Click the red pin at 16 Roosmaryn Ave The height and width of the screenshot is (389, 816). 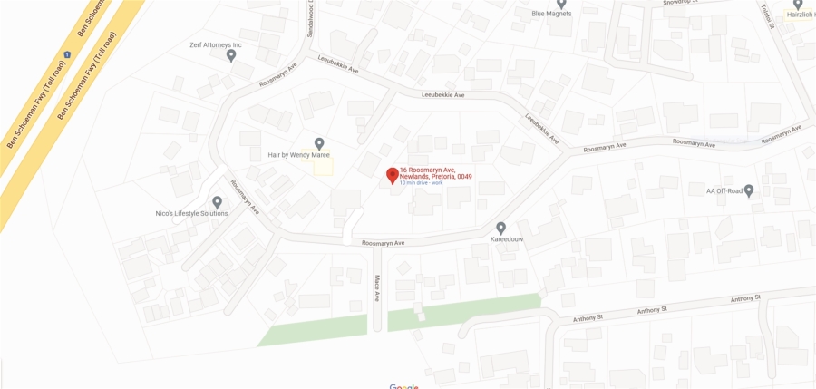(x=392, y=175)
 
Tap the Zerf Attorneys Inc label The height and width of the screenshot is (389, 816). (x=216, y=44)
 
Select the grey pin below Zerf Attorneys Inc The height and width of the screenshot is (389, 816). (x=231, y=56)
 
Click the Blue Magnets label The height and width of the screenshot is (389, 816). (x=551, y=14)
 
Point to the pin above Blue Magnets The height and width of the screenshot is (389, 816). (x=561, y=4)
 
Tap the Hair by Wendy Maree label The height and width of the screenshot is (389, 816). (x=298, y=155)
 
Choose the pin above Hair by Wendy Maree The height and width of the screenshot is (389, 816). (x=319, y=143)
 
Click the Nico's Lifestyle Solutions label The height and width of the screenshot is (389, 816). (x=191, y=214)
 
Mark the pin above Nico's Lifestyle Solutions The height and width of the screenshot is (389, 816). (x=217, y=202)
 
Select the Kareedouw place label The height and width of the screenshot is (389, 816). (x=500, y=239)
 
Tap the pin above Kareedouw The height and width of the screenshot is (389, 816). (x=500, y=228)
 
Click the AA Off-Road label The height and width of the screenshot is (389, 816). (x=724, y=190)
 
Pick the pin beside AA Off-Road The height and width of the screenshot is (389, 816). (x=749, y=190)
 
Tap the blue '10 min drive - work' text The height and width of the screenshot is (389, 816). (x=422, y=183)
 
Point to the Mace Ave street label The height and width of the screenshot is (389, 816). (x=377, y=287)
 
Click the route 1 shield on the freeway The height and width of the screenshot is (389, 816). (x=67, y=54)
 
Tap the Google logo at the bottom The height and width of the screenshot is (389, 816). (x=404, y=386)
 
